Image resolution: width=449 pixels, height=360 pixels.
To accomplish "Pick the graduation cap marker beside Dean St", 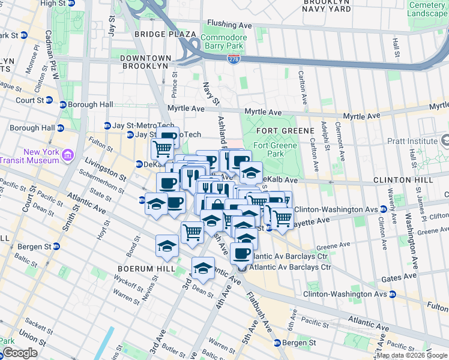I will point(203,268).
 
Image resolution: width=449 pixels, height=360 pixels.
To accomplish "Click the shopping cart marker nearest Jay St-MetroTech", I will point(161,148).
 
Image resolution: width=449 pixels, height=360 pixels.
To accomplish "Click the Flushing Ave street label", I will point(229,25).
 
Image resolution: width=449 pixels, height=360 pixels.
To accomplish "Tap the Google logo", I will point(19,353).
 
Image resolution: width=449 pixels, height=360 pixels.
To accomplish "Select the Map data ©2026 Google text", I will point(412,355).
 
